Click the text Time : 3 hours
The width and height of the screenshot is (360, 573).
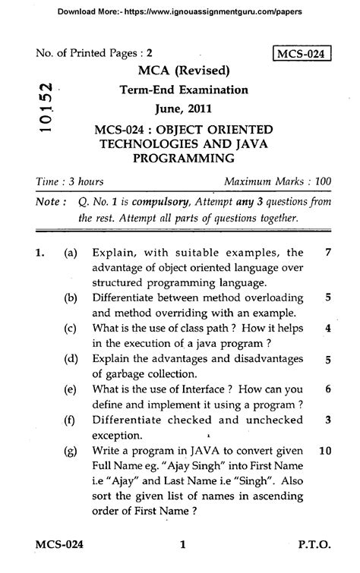click(70, 181)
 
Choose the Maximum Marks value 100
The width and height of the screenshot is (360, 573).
click(324, 181)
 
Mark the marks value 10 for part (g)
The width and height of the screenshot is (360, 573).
click(325, 451)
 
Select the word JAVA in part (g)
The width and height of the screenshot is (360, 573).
click(194, 451)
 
